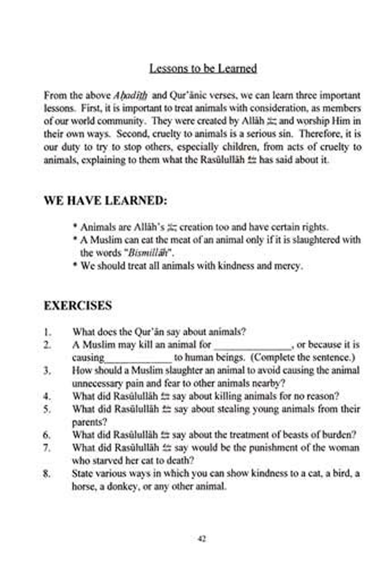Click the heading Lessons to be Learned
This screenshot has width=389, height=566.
[x=203, y=68]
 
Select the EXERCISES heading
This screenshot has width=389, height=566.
[x=78, y=305]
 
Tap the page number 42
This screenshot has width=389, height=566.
[x=202, y=538]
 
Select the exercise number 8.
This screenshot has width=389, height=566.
[x=47, y=474]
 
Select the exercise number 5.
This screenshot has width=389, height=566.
[x=47, y=409]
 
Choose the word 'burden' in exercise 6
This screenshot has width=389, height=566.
[x=339, y=435]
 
